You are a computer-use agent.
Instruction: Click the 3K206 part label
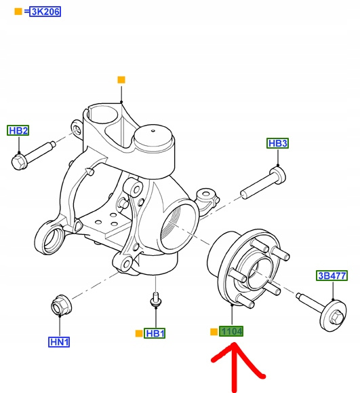tap(45, 12)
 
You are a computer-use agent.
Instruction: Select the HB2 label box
tap(18, 130)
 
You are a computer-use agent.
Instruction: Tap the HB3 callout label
tap(278, 143)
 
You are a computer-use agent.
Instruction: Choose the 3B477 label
tap(332, 276)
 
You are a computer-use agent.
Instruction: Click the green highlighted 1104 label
tap(231, 331)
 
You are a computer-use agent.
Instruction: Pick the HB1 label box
tap(155, 333)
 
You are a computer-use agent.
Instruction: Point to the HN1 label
tap(59, 342)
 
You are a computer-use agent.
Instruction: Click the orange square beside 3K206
tap(18, 12)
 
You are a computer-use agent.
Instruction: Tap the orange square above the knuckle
tap(121, 80)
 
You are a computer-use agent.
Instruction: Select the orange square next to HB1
tap(139, 333)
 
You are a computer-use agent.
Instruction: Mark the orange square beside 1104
tap(214, 332)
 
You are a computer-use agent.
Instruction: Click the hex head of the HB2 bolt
tap(19, 162)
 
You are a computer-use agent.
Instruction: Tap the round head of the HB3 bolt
tap(278, 174)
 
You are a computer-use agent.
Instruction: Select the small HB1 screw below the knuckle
tap(156, 300)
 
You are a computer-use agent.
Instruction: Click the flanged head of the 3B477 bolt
tap(333, 316)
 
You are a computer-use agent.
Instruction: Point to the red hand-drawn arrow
tap(235, 367)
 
